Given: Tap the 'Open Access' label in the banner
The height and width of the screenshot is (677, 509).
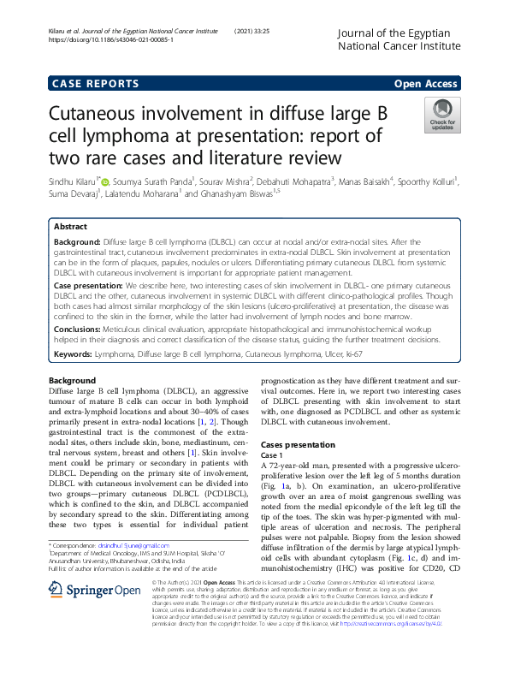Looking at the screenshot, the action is click(x=426, y=83).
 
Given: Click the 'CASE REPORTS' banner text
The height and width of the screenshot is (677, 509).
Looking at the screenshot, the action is click(x=96, y=83).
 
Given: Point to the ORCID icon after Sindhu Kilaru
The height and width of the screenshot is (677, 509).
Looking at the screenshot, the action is click(x=105, y=181).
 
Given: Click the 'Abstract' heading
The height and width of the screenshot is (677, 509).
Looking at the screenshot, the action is click(x=71, y=227).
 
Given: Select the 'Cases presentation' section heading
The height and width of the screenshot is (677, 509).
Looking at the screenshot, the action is click(x=298, y=445).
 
